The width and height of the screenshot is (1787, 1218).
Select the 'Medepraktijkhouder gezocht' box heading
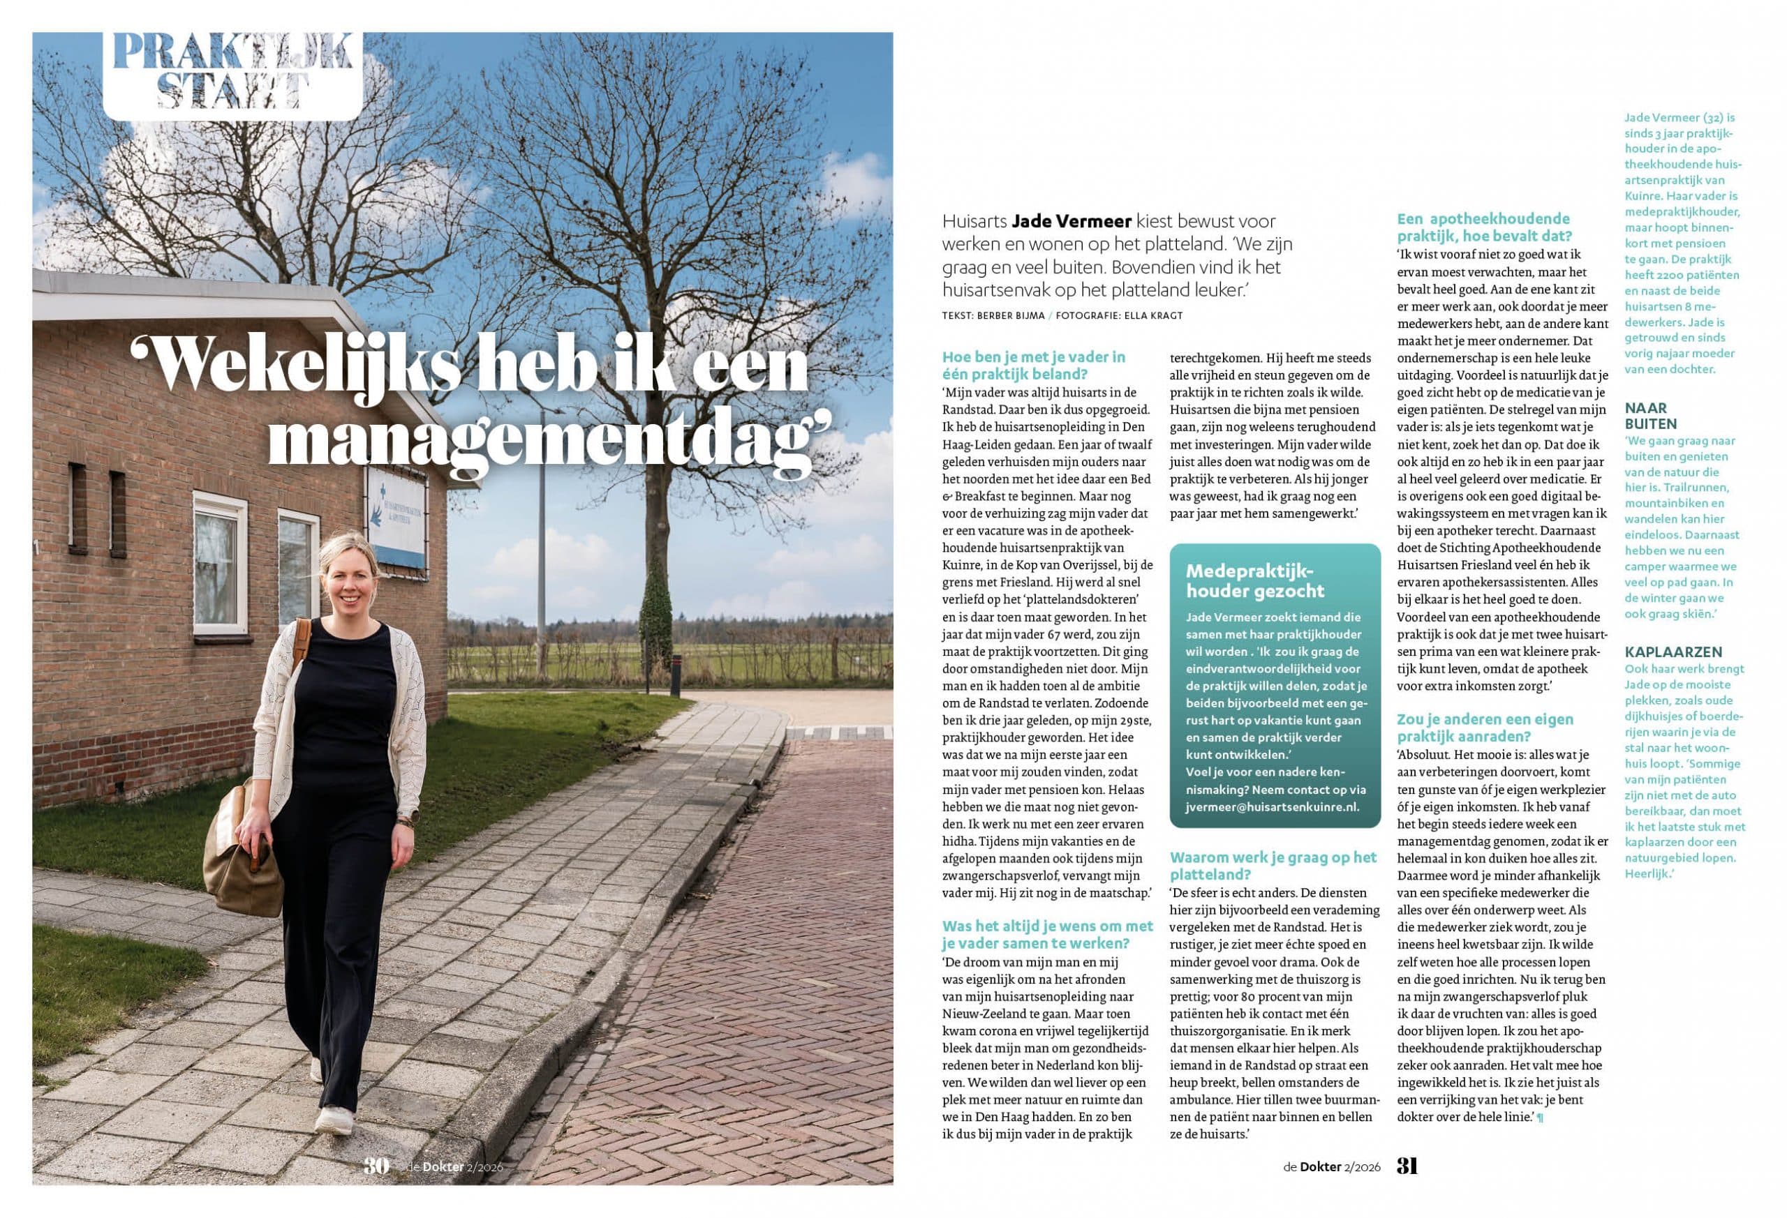1244,581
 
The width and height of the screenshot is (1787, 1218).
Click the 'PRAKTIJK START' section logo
232,73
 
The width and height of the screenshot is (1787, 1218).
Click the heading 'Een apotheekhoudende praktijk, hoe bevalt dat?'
1483,227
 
